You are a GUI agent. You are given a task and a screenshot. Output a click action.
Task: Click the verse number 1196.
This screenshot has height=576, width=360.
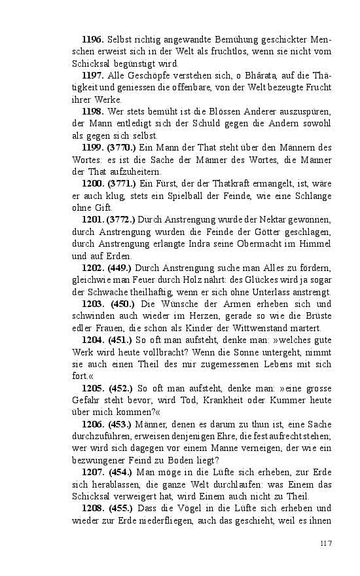93,40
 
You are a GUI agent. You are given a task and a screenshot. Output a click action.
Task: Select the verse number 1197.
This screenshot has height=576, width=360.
93,76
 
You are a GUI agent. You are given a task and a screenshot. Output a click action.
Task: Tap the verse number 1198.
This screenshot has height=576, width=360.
93,112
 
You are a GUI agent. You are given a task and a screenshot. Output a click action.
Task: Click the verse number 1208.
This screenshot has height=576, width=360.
93,508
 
